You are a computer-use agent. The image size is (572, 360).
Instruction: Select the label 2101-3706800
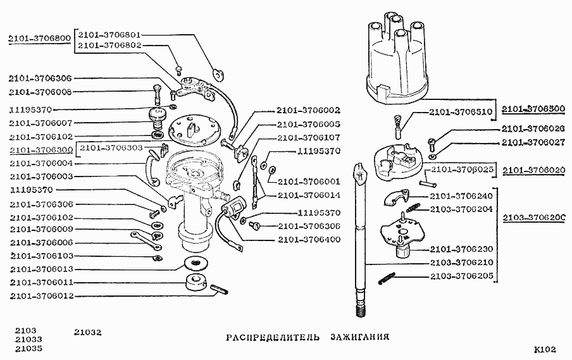click(x=39, y=39)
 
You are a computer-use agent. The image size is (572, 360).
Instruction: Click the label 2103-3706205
click(x=462, y=276)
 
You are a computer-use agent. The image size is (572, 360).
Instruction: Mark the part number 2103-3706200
click(x=534, y=218)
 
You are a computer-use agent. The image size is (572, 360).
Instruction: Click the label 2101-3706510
click(x=461, y=113)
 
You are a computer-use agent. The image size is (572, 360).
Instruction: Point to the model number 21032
click(x=87, y=332)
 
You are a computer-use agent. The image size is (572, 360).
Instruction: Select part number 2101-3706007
click(x=41, y=123)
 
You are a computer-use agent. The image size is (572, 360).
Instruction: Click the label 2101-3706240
click(x=461, y=196)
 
